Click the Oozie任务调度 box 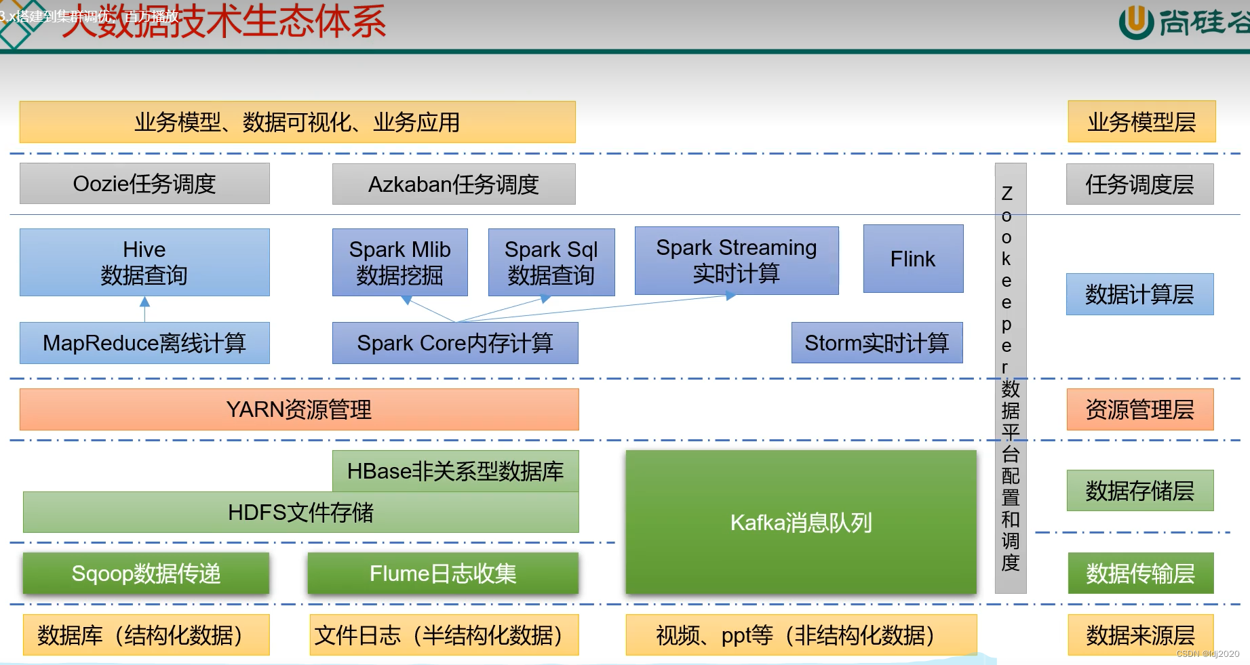(144, 184)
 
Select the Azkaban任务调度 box (454, 184)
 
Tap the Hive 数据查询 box (144, 262)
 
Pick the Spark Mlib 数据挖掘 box (399, 262)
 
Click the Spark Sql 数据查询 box (551, 262)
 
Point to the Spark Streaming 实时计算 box (737, 260)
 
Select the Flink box (913, 259)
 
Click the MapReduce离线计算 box (144, 343)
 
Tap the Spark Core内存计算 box (455, 343)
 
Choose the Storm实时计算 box (877, 343)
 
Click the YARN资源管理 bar (299, 409)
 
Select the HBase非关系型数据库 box (455, 471)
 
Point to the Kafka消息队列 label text (801, 523)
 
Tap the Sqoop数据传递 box (146, 573)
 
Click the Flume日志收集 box (443, 573)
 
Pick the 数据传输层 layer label (1140, 573)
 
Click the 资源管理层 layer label (1139, 409)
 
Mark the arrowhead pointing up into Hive (144, 301)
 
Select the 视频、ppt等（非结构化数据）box (801, 635)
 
